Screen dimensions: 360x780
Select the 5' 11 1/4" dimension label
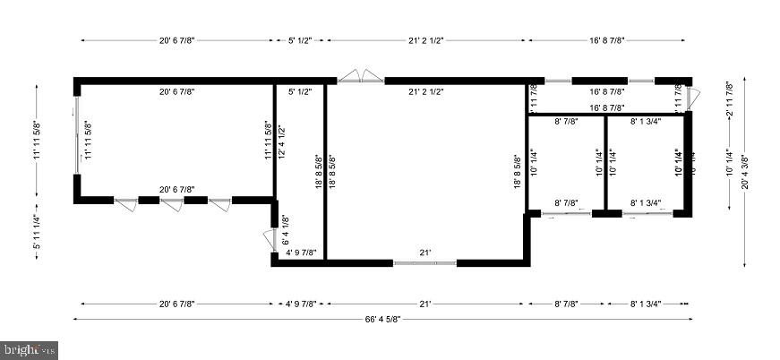(x=37, y=232)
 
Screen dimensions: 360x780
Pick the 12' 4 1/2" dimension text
(x=281, y=141)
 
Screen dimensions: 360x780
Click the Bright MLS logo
(x=29, y=348)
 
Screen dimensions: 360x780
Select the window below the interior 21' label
(x=425, y=262)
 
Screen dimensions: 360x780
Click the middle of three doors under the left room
(x=171, y=203)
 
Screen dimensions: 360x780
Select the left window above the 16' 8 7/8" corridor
(x=559, y=81)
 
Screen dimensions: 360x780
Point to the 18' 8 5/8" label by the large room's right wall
(x=517, y=169)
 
